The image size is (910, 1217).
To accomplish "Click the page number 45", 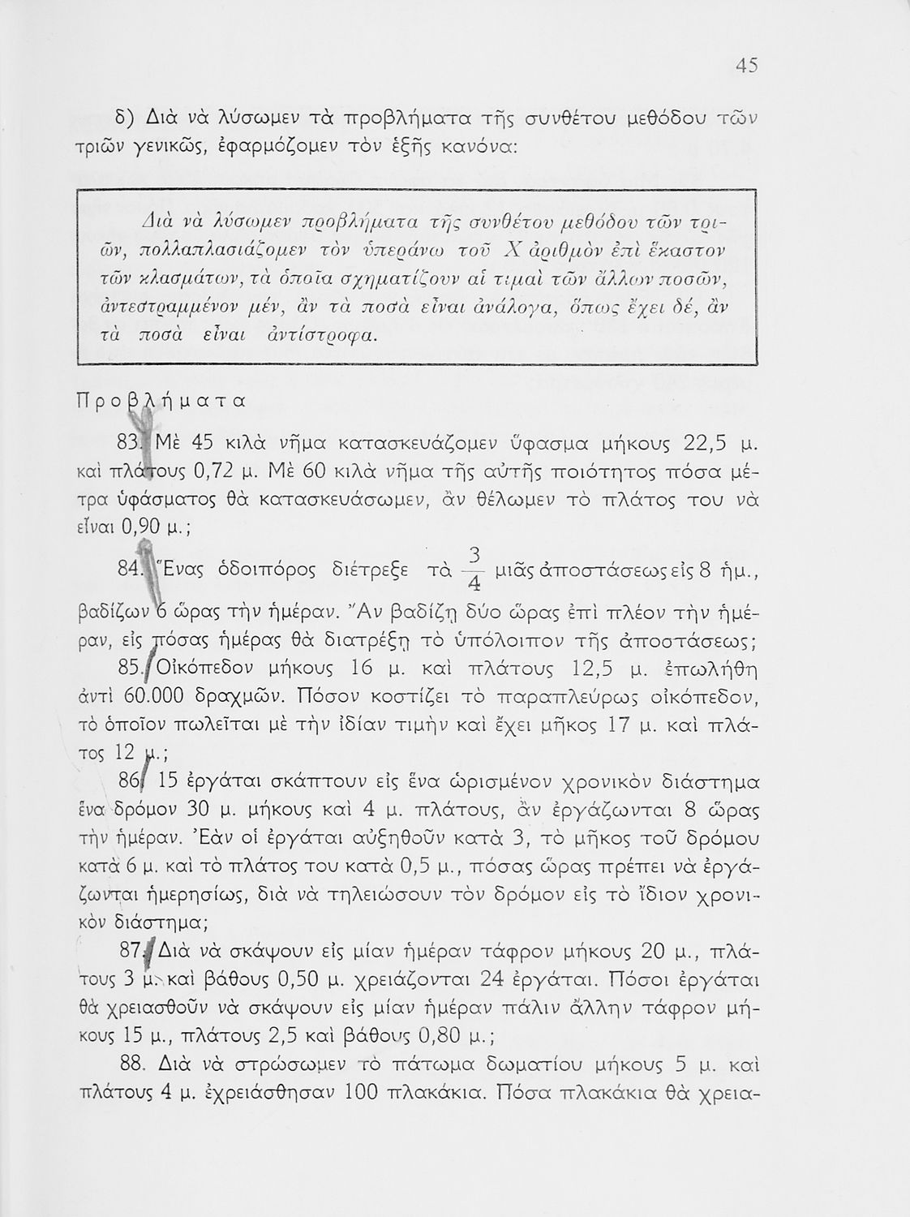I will point(745,66).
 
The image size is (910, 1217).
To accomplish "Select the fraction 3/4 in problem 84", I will point(476,570).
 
